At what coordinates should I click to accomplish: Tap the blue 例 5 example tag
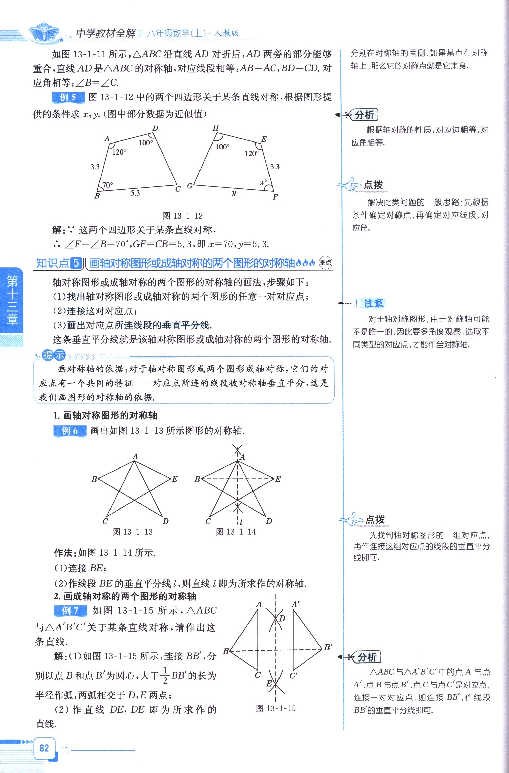68,97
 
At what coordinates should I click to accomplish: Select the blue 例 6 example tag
69,431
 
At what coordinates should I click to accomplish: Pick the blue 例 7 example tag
70,610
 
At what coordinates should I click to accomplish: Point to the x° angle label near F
263,182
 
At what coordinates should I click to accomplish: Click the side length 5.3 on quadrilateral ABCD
135,193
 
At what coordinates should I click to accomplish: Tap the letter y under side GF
234,193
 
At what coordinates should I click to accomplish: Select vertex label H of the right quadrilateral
215,128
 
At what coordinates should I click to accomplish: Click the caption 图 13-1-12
183,216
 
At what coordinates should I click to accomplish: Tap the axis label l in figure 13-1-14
241,522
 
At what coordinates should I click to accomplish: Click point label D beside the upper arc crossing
282,618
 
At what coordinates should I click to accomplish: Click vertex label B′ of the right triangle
328,647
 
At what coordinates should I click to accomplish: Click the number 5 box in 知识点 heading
76,263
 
